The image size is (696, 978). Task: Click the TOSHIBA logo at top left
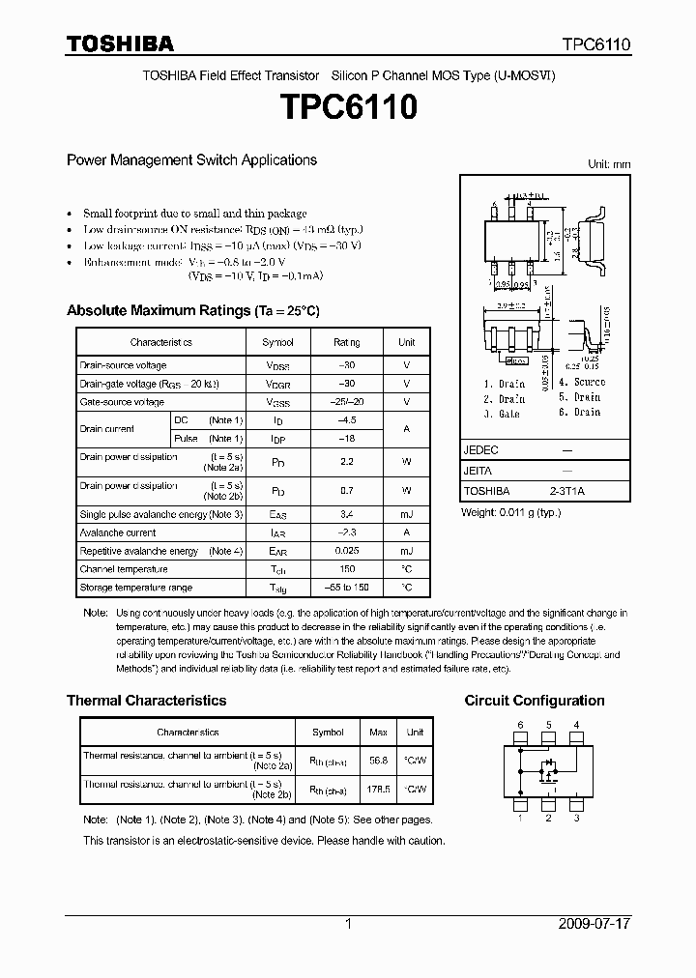pos(120,44)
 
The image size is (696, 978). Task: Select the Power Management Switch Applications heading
pos(191,160)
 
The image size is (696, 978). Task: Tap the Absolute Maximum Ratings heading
pos(192,311)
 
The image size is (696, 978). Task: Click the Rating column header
pos(346,342)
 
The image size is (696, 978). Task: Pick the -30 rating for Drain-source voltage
pos(346,365)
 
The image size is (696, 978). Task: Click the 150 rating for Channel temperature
pos(346,569)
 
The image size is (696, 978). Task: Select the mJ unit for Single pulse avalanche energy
pos(406,514)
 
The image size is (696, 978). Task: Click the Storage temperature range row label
pos(136,588)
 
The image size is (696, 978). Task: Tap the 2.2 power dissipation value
pos(346,462)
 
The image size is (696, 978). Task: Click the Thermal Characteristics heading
pos(146,701)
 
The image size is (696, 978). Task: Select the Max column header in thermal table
pos(379,733)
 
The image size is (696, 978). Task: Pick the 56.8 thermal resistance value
pos(379,760)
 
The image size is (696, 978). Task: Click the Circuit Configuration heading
pos(535,701)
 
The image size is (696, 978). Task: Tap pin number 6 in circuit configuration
pos(520,725)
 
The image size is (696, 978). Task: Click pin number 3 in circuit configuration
pos(576,819)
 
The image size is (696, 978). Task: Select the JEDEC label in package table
pos(480,450)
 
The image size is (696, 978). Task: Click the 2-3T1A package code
pos(567,491)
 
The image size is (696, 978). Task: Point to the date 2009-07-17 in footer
pos(594,924)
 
